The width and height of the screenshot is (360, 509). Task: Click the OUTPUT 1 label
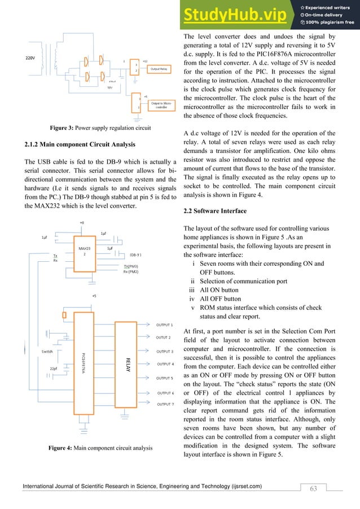point(164,324)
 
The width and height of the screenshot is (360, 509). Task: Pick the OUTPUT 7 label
point(165,405)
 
